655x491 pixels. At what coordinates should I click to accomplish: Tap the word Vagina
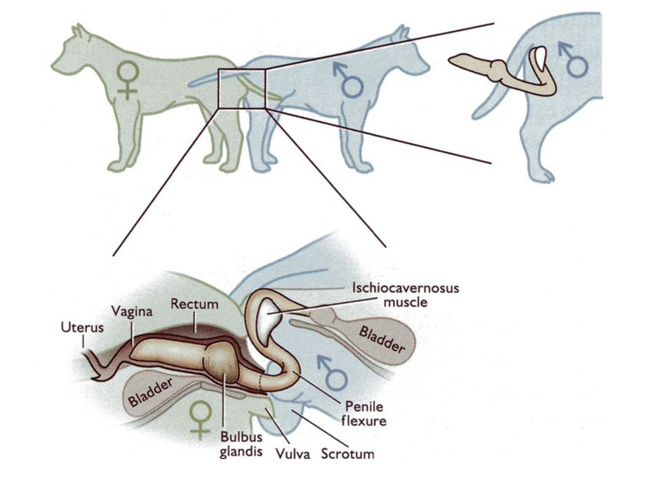(125, 312)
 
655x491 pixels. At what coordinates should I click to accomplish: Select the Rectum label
(194, 304)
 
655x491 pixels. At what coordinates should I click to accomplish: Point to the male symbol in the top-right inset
(574, 59)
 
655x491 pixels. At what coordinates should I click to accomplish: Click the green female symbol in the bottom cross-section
(198, 418)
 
